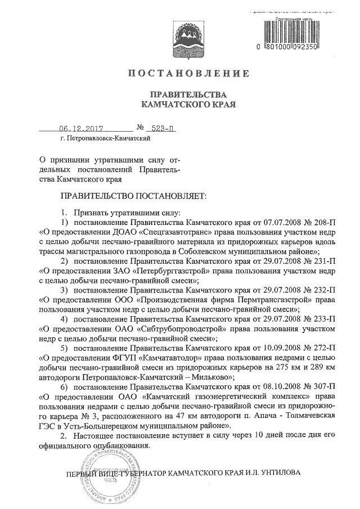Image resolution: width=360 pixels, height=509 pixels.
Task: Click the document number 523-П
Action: [x=160, y=128]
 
